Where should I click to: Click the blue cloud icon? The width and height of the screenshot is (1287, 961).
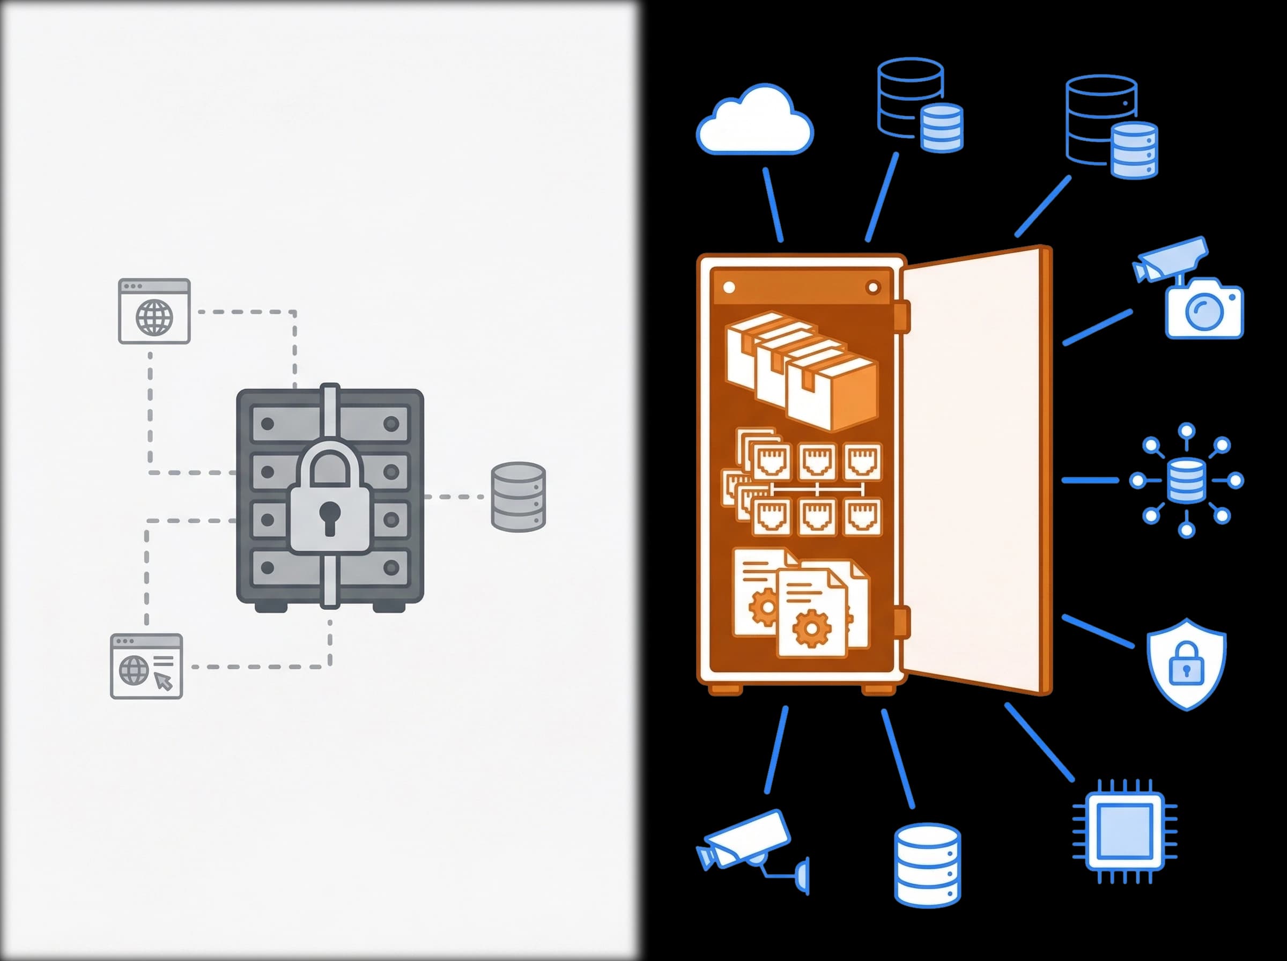(755, 123)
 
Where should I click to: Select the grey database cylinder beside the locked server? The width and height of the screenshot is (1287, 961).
(517, 497)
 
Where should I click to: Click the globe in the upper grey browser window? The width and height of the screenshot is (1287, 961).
(154, 317)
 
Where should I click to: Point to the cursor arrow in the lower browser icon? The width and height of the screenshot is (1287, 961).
(164, 681)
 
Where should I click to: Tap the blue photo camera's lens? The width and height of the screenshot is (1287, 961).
(1204, 311)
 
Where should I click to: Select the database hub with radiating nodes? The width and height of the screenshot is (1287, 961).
(1186, 480)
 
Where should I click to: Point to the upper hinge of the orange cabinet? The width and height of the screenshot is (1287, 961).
(902, 317)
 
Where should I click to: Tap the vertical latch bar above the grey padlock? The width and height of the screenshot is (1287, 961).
(330, 413)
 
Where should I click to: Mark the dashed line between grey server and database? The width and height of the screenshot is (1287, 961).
(454, 497)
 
